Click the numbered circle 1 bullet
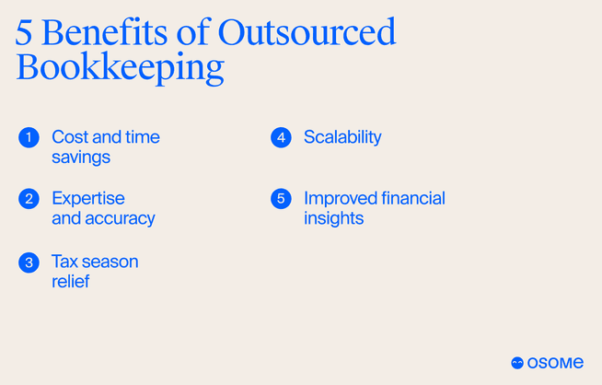coord(29,137)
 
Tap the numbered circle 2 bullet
coord(29,199)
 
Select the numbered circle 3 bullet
coord(29,262)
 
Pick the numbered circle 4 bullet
coord(281,137)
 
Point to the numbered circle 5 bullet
coord(281,199)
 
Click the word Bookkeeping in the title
coord(121,70)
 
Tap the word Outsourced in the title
coord(307,32)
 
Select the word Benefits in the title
coord(110,32)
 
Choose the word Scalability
coord(342,137)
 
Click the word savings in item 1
coord(81,157)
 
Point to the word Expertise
coord(88,199)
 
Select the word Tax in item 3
coord(65,262)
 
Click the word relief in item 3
coord(71,282)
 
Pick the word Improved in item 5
coord(340,199)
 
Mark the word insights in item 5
coord(333,219)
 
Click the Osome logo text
coord(556,363)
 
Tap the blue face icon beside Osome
coord(517,363)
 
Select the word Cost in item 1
coord(70,137)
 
